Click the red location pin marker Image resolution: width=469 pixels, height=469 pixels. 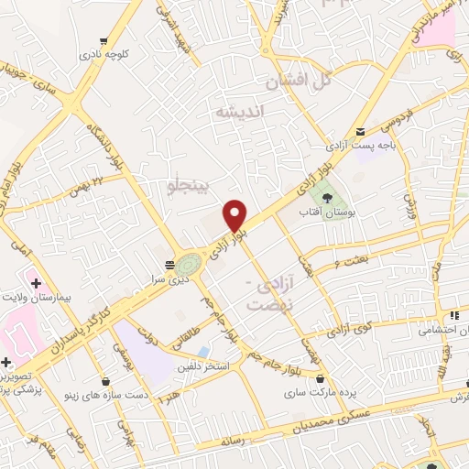[235, 216]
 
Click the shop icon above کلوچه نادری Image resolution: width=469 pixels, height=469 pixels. [104, 40]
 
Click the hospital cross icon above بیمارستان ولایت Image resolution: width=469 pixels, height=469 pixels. [36, 284]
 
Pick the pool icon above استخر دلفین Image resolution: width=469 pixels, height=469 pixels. [202, 352]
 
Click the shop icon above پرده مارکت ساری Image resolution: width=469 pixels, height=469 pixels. [320, 378]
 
